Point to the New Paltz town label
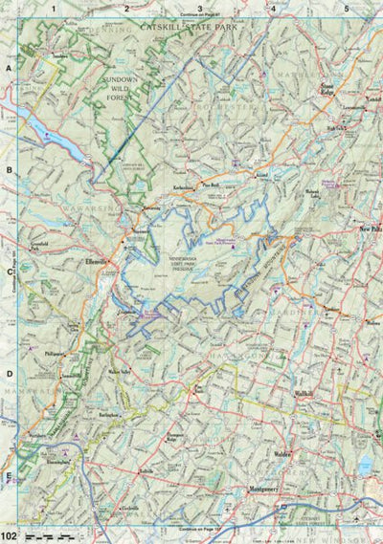(x=370, y=230)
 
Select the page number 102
(x=9, y=536)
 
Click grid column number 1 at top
(x=55, y=9)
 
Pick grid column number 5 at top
(x=346, y=9)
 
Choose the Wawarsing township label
(x=85, y=203)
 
